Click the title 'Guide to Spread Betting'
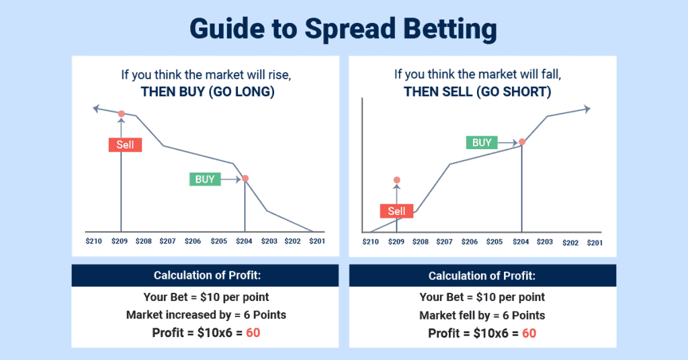coord(343,29)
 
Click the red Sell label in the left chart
coord(125,144)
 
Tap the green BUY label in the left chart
coord(205,179)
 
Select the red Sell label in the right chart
coord(396,211)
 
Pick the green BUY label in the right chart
coord(482,142)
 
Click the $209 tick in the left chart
coord(120,240)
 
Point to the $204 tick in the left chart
coord(245,240)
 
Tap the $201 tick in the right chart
coord(595,242)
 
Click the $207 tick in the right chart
coord(445,242)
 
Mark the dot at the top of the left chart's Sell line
coord(121,114)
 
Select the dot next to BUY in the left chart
coord(245,179)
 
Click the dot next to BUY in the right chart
coord(521,142)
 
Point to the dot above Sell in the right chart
coord(396,180)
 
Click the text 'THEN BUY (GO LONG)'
coord(207,93)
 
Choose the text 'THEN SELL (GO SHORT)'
coord(477,93)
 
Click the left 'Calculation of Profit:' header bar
coord(205,275)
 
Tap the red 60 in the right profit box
coord(529,333)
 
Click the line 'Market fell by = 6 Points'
coord(482,315)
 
